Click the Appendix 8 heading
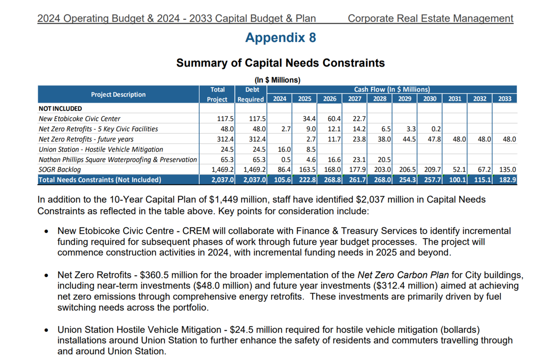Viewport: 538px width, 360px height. (280, 38)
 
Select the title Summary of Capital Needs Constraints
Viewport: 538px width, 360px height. (280, 63)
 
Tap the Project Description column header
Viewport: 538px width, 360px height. (118, 95)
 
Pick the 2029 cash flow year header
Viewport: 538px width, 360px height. (404, 99)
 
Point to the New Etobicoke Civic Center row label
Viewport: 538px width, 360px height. (79, 119)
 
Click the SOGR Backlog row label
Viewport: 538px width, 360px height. (60, 169)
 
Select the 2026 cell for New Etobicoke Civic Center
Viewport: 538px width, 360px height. (331, 119)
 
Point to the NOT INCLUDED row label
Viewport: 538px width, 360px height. (61, 109)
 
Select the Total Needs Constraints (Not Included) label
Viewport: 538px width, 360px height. (100, 180)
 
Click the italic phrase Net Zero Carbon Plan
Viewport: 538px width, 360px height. (403, 275)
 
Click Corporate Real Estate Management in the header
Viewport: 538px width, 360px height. (430, 19)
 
